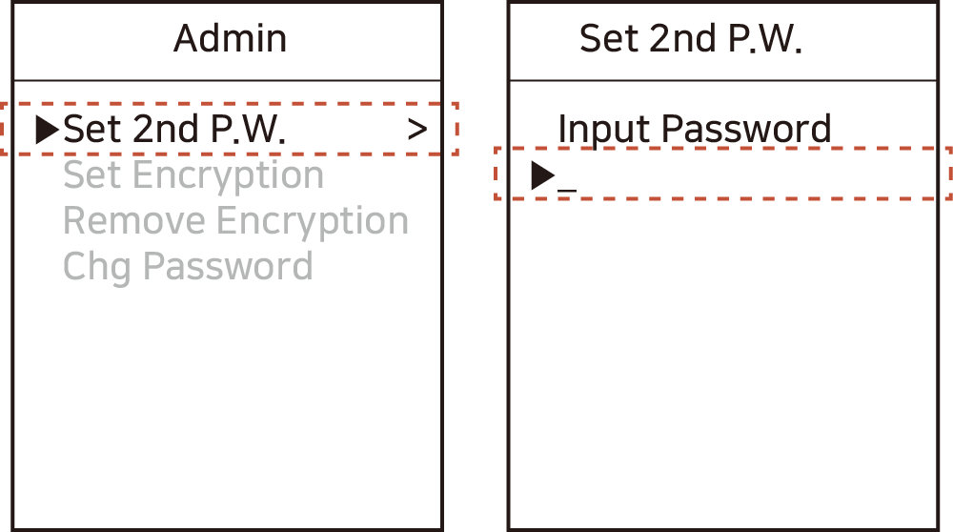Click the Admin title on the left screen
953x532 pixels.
tap(230, 38)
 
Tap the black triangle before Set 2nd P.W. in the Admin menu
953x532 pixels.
tap(47, 130)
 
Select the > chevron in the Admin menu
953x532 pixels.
tap(417, 130)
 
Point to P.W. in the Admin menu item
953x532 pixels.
tap(251, 130)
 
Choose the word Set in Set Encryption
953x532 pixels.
tap(92, 175)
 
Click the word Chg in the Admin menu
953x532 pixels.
tap(96, 267)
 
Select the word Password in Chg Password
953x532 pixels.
tap(228, 267)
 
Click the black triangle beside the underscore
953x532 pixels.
tap(542, 175)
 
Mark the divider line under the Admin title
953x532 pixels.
tap(228, 80)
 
